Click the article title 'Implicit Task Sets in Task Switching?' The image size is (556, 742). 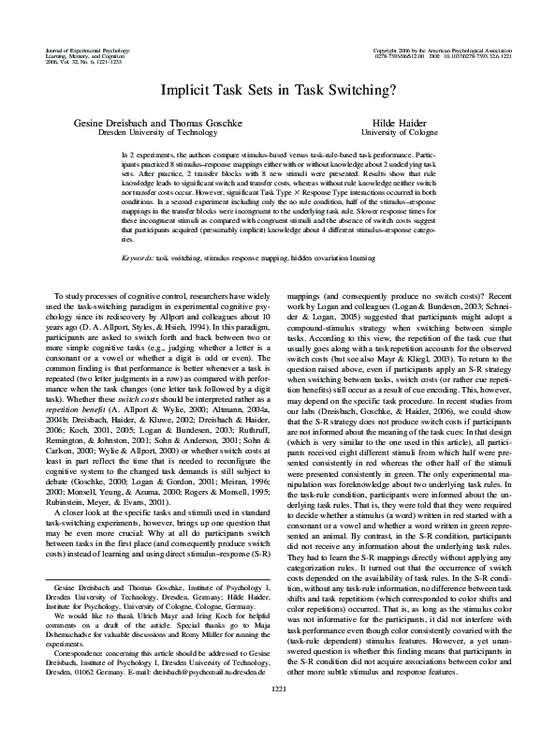(278, 90)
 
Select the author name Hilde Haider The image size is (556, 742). (449, 124)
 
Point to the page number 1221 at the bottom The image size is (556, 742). (278, 716)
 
